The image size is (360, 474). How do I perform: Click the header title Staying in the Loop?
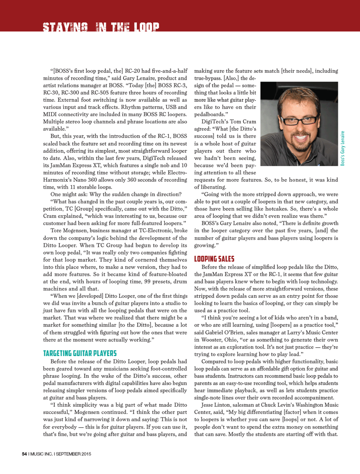pyautogui.click(x=101, y=27)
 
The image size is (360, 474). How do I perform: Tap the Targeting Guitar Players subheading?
pyautogui.click(x=80, y=353)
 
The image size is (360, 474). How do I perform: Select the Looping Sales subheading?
pyautogui.click(x=214, y=259)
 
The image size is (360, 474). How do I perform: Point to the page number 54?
pyautogui.click(x=24, y=454)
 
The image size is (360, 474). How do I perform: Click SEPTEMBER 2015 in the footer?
pyautogui.click(x=73, y=454)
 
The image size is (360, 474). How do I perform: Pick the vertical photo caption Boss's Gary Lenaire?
pyautogui.click(x=343, y=148)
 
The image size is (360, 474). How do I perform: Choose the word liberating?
pyautogui.click(x=212, y=187)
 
